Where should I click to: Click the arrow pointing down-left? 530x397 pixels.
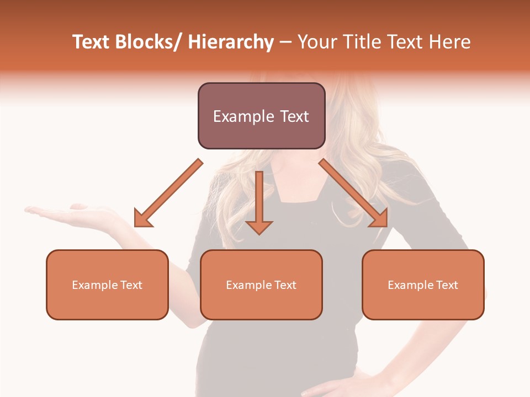[168, 193]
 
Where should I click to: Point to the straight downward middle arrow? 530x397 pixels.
[259, 198]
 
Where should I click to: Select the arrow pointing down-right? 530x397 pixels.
[353, 193]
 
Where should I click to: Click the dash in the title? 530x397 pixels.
[285, 42]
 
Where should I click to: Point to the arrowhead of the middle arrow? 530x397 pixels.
[259, 227]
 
